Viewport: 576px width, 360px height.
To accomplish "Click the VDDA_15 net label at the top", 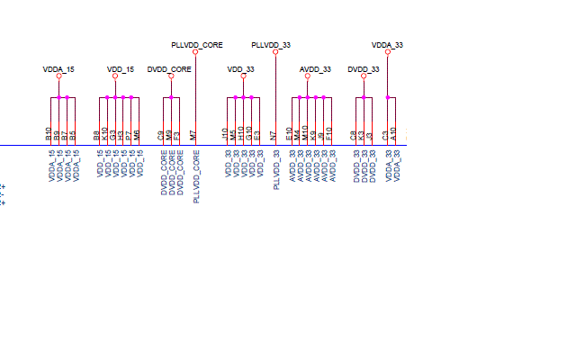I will (x=58, y=69).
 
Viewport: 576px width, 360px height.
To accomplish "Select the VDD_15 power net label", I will (x=120, y=69).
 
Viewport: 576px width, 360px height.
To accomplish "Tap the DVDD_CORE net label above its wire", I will (x=169, y=69).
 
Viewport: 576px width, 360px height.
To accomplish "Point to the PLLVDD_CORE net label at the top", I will (x=197, y=44).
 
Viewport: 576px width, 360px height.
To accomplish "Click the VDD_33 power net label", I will (x=241, y=69).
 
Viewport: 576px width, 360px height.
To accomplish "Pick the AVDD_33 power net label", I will (x=315, y=69).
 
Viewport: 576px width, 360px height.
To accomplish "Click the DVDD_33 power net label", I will (x=364, y=69).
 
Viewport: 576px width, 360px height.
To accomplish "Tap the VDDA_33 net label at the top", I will (x=387, y=44).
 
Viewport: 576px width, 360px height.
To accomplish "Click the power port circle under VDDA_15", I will (x=58, y=76).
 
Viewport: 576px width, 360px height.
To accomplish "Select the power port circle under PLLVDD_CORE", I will (x=195, y=51).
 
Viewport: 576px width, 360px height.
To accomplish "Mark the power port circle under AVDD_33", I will (x=308, y=76).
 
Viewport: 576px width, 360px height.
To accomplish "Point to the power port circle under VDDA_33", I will (x=387, y=51).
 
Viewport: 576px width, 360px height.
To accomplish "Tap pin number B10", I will (x=49, y=133).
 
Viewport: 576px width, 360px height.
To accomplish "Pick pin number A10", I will (x=393, y=133).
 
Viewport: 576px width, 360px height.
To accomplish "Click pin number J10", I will (x=225, y=133).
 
